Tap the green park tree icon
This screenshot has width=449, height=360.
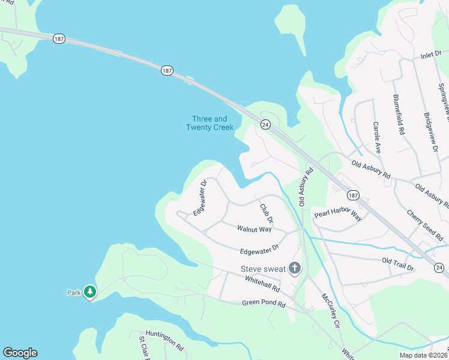90,292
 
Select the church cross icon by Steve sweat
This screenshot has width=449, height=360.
294,268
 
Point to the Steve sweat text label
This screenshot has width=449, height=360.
264,269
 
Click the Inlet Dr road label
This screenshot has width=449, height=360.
431,55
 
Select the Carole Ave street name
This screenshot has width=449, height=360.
376,137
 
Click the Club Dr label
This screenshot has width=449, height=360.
266,214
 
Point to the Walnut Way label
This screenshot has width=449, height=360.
254,229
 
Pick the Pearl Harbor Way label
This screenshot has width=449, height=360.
338,215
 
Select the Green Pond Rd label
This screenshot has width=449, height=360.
264,304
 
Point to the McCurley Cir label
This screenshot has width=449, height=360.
330,311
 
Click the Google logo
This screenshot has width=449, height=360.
20,353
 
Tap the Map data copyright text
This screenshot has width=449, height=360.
423,355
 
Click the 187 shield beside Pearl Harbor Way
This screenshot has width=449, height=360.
352,195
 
